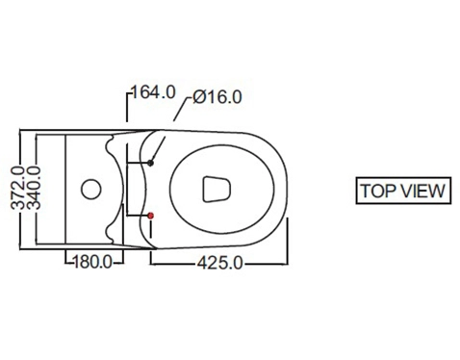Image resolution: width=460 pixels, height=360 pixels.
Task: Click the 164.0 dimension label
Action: pyautogui.click(x=153, y=92)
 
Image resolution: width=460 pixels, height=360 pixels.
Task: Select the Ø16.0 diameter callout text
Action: pyautogui.click(x=217, y=96)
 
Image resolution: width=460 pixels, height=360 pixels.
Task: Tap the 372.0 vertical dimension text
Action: pyautogui.click(x=18, y=188)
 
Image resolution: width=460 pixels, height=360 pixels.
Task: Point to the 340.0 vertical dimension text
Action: pyautogui.click(x=34, y=188)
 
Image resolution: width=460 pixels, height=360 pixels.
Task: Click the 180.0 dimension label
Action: pyautogui.click(x=93, y=262)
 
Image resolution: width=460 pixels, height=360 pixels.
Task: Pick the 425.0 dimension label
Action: pyautogui.click(x=220, y=263)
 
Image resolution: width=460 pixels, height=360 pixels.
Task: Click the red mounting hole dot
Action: pyautogui.click(x=150, y=216)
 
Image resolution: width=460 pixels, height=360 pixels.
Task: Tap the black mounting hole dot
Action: pyautogui.click(x=150, y=163)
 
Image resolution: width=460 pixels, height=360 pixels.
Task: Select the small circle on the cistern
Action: pyautogui.click(x=91, y=189)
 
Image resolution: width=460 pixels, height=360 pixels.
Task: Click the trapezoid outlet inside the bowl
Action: pyautogui.click(x=217, y=190)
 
